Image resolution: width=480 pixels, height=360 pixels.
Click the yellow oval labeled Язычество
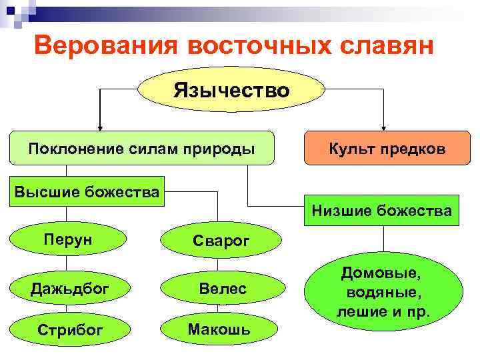tap(231, 91)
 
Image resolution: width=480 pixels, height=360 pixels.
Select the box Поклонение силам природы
tap(141, 148)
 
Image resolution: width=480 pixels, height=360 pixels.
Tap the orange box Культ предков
tap(387, 149)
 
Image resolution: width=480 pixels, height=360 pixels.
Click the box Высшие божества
tap(87, 193)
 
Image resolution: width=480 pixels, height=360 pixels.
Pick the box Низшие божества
tap(381, 211)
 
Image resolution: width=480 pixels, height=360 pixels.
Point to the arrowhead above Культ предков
tap(384, 126)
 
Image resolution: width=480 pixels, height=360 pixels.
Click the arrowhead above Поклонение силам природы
tap(100, 126)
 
